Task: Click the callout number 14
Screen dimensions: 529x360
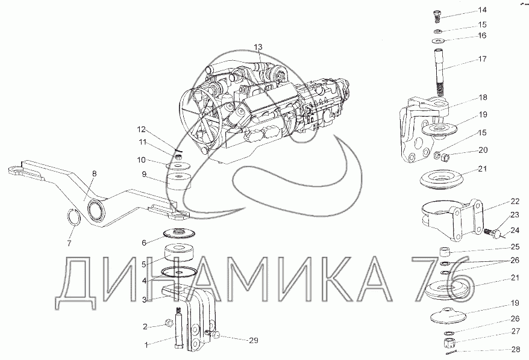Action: (x=483, y=10)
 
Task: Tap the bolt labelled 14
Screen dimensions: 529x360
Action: (x=437, y=16)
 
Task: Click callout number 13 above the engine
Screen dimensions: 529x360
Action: (x=258, y=47)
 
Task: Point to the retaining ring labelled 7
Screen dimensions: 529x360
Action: (x=75, y=218)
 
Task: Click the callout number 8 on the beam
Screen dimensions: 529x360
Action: (x=94, y=173)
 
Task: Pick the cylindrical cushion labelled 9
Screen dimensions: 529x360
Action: (x=179, y=182)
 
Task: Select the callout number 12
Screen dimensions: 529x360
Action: (x=141, y=129)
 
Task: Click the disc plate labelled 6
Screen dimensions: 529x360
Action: (x=179, y=232)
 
